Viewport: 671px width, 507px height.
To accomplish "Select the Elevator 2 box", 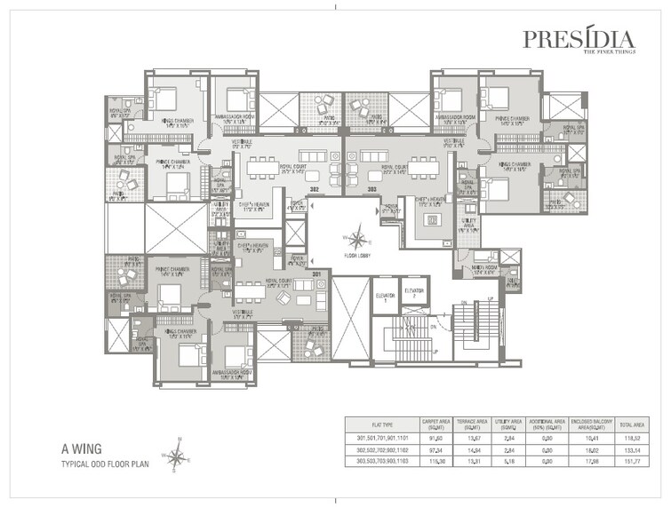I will (x=413, y=294).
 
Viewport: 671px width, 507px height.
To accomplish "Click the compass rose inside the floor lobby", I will (x=357, y=238).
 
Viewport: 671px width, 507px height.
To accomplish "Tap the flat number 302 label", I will (x=314, y=189).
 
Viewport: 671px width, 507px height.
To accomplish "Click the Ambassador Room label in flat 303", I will (x=454, y=117).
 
